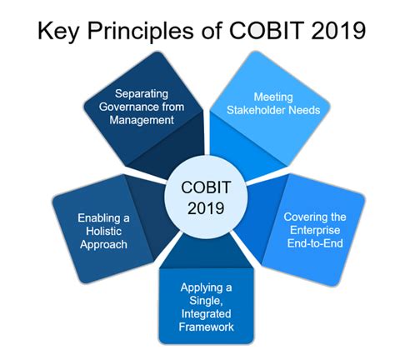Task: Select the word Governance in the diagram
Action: [x=123, y=107]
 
